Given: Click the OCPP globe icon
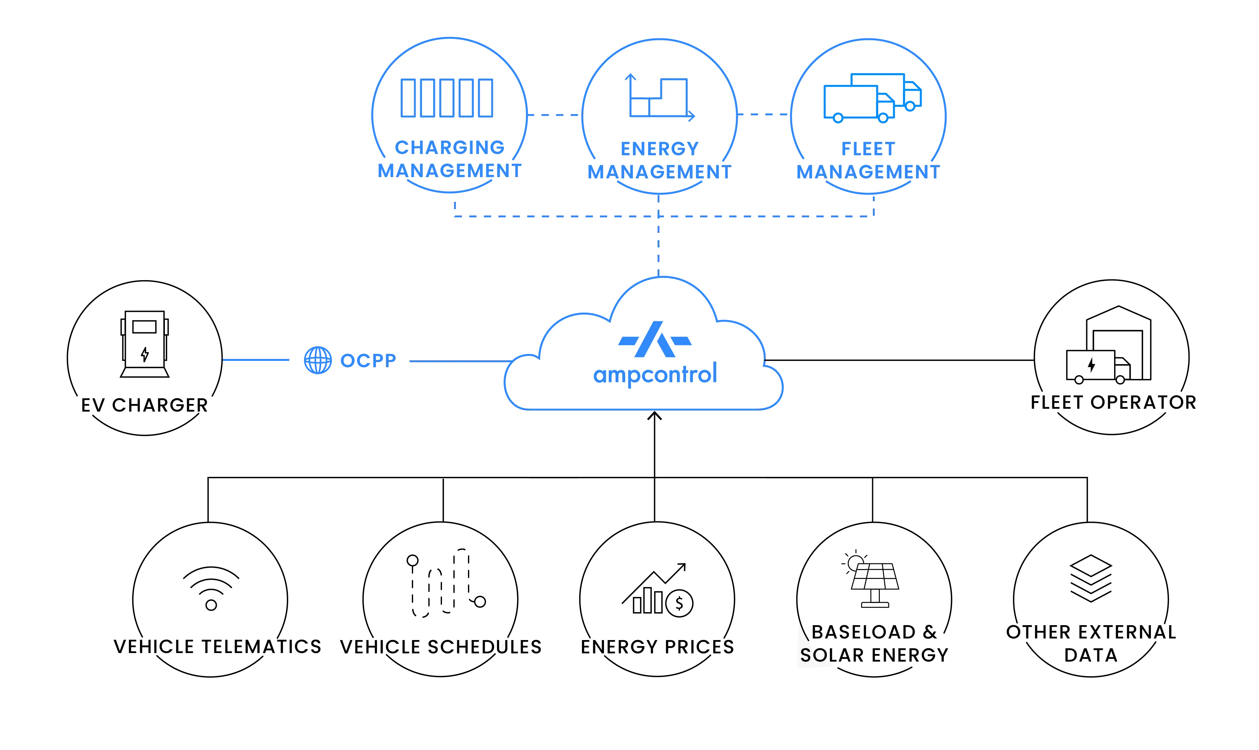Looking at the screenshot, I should (x=317, y=360).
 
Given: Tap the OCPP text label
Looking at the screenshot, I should (x=367, y=360).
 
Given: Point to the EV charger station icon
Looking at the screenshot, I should (x=145, y=344).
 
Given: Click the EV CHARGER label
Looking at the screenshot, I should (x=145, y=405).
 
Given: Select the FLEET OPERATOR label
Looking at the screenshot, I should (x=1113, y=403).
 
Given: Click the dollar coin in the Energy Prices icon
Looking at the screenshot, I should (x=679, y=603).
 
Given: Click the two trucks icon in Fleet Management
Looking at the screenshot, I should (x=872, y=98).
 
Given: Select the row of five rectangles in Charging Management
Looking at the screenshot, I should (x=447, y=98).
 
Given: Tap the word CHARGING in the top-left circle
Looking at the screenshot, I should (x=450, y=148).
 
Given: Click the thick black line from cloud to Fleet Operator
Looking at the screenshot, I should (x=900, y=360).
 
